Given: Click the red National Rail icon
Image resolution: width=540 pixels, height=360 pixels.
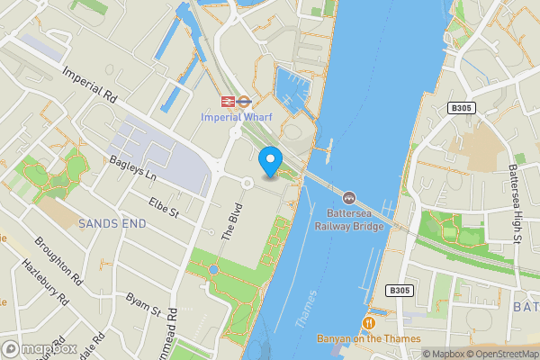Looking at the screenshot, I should [229, 101].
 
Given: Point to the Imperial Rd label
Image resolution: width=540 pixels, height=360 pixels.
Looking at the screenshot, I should [90, 83].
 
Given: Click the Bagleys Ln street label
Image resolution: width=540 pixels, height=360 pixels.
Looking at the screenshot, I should [132, 166].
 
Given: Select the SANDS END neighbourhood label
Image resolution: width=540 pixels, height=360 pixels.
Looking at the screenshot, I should [111, 221].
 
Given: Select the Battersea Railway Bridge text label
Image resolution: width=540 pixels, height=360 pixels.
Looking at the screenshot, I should [349, 220].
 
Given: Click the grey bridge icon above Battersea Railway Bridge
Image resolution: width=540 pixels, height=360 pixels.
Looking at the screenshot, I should [349, 197].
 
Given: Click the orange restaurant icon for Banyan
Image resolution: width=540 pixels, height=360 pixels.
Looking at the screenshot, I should [368, 322].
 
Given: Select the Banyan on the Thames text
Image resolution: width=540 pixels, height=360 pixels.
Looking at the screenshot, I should [368, 339].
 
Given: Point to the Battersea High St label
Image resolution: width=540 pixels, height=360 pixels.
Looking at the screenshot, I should [514, 203].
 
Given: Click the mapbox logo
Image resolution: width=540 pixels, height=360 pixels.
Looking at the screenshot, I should [40, 348].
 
